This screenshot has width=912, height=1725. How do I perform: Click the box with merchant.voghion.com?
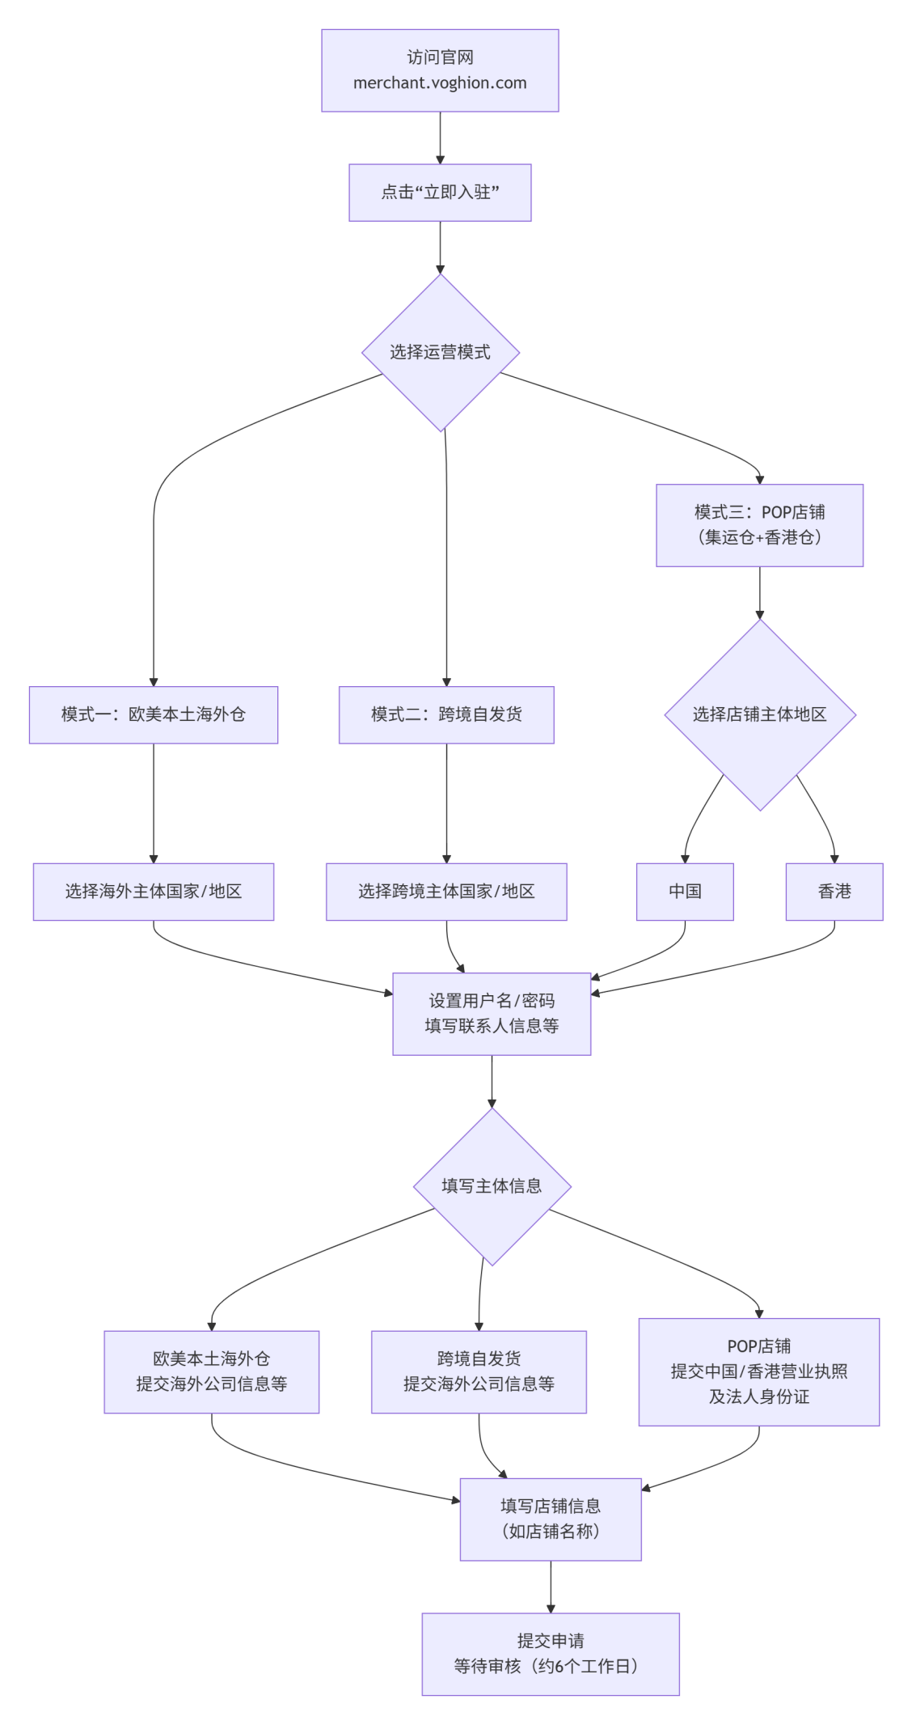pyautogui.click(x=440, y=70)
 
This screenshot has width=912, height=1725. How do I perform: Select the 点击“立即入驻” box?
pyautogui.click(x=440, y=193)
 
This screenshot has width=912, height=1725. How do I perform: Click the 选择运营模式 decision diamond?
pyautogui.click(x=440, y=352)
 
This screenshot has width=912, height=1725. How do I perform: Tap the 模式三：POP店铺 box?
pyautogui.click(x=759, y=525)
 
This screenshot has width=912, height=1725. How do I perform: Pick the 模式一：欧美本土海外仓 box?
pyautogui.click(x=154, y=714)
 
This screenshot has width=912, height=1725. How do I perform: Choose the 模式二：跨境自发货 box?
pyautogui.click(x=446, y=714)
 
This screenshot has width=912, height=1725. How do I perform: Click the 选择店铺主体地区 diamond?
pyautogui.click(x=759, y=714)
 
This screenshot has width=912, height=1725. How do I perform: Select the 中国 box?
pyautogui.click(x=685, y=891)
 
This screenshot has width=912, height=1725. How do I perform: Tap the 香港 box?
pyautogui.click(x=834, y=891)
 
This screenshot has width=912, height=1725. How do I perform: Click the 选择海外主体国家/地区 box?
pyautogui.click(x=154, y=891)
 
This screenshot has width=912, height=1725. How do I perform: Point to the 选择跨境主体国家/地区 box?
pyautogui.click(x=446, y=891)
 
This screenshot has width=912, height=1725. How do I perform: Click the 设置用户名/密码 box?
pyautogui.click(x=492, y=1013)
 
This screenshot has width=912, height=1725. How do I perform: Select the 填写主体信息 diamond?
pyautogui.click(x=492, y=1186)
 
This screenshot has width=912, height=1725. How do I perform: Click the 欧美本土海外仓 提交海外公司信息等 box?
pyautogui.click(x=211, y=1371)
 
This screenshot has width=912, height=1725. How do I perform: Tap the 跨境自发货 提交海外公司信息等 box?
pyautogui.click(x=479, y=1371)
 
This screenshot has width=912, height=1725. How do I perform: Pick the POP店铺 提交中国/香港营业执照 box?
pyautogui.click(x=758, y=1371)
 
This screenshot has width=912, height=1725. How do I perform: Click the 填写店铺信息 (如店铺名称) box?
pyautogui.click(x=551, y=1519)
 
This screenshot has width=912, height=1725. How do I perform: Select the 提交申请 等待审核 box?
pyautogui.click(x=551, y=1654)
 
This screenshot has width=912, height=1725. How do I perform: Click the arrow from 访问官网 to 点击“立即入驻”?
pyautogui.click(x=440, y=138)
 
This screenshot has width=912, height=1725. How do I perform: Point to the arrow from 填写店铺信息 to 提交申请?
pyautogui.click(x=551, y=1586)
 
